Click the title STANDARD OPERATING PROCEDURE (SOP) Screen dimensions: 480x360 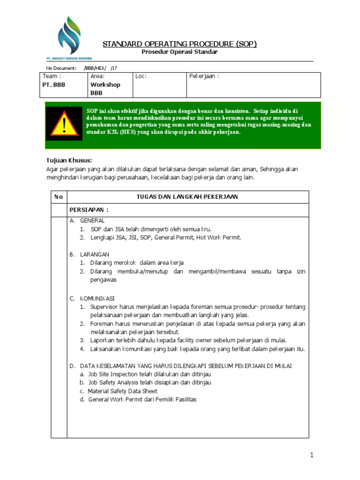pos(180,44)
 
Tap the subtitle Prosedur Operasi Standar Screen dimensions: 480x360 pos(180,52)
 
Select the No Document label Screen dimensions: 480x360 pos(61,68)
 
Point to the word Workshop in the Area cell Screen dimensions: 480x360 pos(105,85)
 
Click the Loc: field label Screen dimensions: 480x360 pos(141,76)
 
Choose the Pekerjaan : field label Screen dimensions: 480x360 pos(204,76)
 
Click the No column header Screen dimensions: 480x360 pos(59,197)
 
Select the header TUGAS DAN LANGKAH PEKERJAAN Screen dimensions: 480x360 pos(187,197)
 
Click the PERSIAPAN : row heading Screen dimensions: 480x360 pos(89,210)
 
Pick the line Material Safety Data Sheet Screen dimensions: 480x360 pos(122,391)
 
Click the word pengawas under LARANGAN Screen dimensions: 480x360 pos(103,280)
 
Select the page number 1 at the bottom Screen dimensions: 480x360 pos(311,455)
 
